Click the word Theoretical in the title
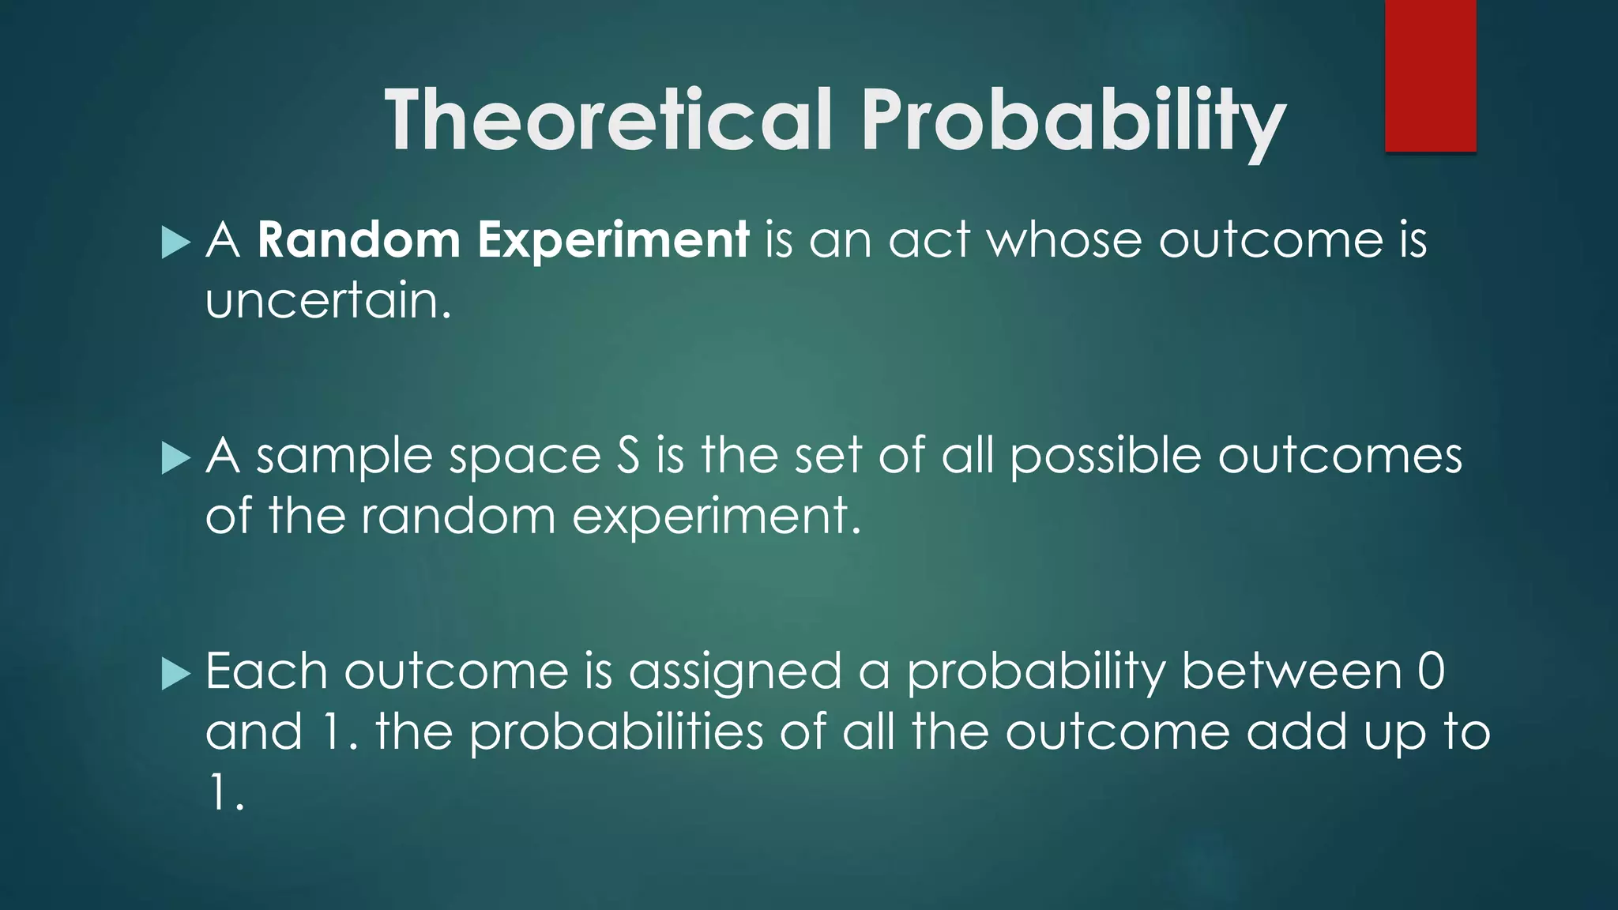(x=608, y=120)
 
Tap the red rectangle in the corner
(x=1430, y=76)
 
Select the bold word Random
(x=359, y=240)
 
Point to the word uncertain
(x=328, y=301)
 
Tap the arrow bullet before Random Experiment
(x=175, y=243)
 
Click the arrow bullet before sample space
(x=175, y=458)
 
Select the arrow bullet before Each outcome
(x=175, y=674)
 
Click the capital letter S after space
(x=628, y=457)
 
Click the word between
(x=1291, y=671)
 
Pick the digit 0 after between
(x=1431, y=671)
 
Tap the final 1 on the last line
(x=218, y=792)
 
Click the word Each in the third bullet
(x=266, y=671)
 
